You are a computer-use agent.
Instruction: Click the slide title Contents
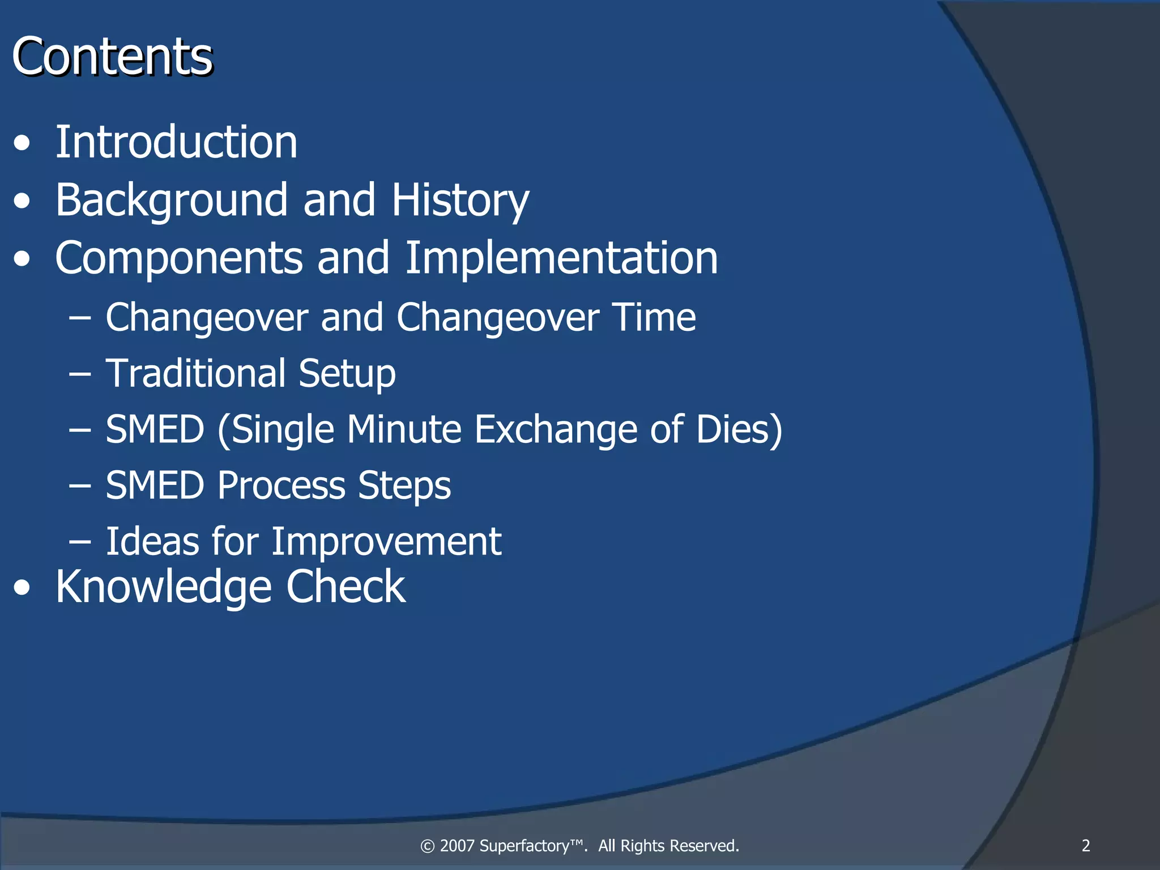click(112, 57)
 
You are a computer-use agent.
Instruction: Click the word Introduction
click(176, 142)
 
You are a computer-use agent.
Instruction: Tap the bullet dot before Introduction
click(22, 143)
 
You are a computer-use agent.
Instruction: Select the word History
click(460, 201)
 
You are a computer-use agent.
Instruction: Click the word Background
click(172, 201)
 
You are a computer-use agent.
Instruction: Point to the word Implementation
click(561, 258)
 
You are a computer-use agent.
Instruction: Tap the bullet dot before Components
click(22, 259)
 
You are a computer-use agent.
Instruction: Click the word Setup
click(347, 374)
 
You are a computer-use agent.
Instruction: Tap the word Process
click(281, 485)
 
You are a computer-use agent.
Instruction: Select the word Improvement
click(386, 541)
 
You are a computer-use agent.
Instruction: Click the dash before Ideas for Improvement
click(80, 542)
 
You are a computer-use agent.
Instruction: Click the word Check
click(346, 587)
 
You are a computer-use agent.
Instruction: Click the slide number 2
click(1085, 846)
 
